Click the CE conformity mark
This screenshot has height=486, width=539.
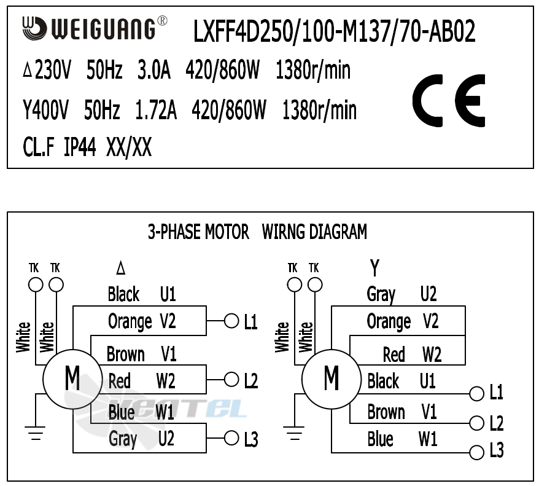coord(449,101)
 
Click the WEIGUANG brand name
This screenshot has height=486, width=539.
coord(103,29)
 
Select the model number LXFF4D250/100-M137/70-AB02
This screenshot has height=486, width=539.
coord(335,32)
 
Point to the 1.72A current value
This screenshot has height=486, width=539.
coord(156,111)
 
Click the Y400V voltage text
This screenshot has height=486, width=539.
coord(46,111)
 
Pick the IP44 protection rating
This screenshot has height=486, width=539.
coord(80,148)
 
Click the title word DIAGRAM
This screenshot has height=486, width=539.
coord(337,232)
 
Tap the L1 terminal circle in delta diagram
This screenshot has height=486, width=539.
coord(231,321)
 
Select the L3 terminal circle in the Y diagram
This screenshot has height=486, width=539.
coord(476,453)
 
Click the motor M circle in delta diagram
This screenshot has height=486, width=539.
coord(72,378)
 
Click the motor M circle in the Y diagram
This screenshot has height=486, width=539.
coord(332,378)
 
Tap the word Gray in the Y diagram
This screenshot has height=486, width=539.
coord(381,295)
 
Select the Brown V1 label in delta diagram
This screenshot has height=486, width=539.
coord(142,355)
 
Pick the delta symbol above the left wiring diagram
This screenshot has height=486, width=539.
coord(121,268)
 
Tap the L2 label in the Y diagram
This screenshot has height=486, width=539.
coord(497,423)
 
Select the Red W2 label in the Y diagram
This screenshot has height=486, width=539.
coord(412,355)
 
